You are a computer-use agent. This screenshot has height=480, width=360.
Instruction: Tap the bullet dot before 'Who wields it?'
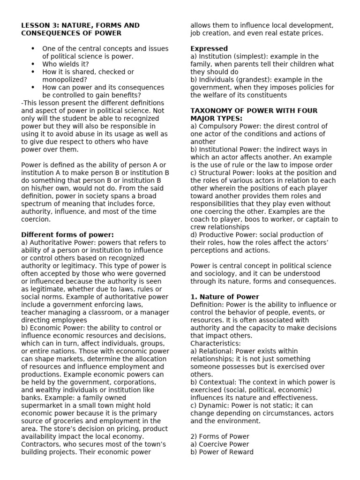[x=33, y=64]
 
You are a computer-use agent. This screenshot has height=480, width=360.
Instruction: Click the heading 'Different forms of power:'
[x=67, y=234]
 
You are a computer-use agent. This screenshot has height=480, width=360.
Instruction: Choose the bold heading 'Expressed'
[x=209, y=48]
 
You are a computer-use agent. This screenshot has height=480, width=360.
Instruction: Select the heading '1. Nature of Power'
[x=225, y=297]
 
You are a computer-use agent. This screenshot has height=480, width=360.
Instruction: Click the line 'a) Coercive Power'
[x=219, y=444]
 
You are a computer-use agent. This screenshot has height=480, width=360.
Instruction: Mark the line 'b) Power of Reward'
[x=222, y=452]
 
